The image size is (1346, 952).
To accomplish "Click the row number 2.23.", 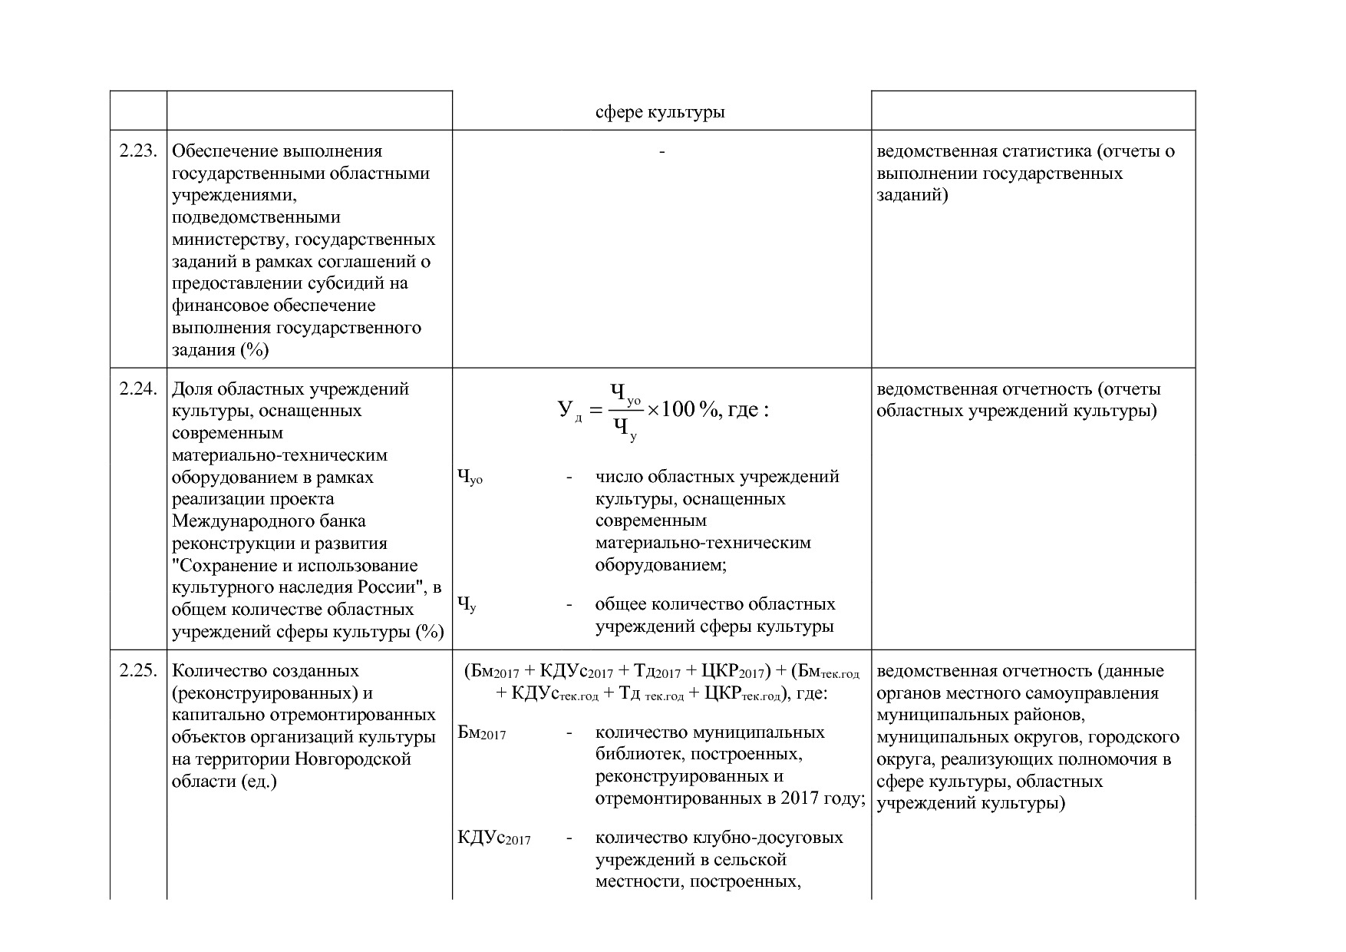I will tap(138, 151).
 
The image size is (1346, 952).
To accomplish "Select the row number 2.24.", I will tap(138, 389).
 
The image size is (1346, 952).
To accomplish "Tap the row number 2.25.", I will tap(138, 671).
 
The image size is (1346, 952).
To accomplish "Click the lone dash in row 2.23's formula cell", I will tap(661, 151).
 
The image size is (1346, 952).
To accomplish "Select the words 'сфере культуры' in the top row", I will tap(661, 112).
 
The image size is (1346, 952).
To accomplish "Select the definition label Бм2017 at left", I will tap(481, 732).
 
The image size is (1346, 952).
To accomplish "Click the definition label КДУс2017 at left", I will tap(493, 838).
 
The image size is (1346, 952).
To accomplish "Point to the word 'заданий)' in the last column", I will tap(912, 195).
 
